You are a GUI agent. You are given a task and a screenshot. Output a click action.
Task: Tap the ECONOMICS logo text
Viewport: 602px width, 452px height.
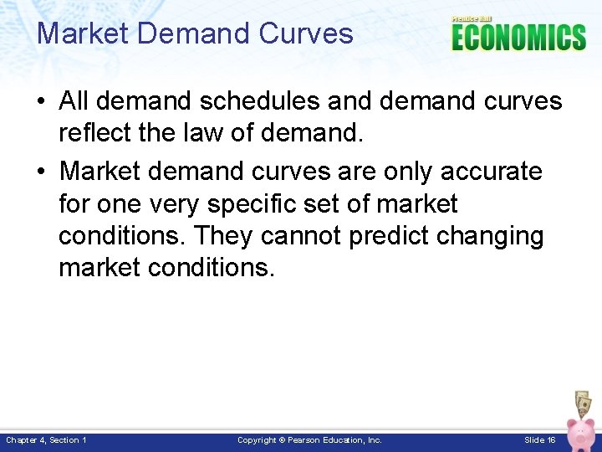[518, 38]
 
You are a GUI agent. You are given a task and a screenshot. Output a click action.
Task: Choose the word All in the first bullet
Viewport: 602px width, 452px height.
[74, 101]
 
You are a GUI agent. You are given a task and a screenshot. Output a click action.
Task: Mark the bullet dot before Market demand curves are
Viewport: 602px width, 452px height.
[41, 172]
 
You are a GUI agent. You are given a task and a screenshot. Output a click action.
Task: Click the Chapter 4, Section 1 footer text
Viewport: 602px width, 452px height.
[46, 440]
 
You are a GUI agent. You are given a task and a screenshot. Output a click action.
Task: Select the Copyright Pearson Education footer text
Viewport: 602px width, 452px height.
[309, 440]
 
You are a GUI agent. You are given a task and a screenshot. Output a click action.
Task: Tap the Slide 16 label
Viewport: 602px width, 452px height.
[539, 440]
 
